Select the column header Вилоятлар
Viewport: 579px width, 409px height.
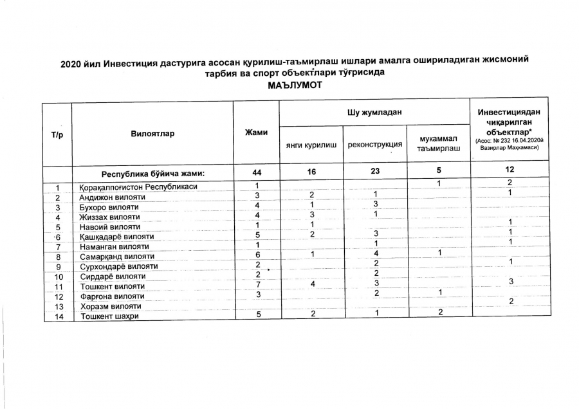(x=152, y=134)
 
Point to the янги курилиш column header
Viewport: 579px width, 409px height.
(x=311, y=145)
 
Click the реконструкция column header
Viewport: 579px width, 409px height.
(x=374, y=145)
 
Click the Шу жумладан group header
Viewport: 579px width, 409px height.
(x=375, y=113)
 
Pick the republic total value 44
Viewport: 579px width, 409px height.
(x=256, y=174)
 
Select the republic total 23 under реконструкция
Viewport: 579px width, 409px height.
(x=374, y=174)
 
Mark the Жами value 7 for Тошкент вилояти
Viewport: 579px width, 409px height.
(x=256, y=285)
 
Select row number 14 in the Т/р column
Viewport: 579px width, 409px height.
(x=58, y=316)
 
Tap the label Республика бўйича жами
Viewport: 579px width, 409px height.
(x=153, y=174)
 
